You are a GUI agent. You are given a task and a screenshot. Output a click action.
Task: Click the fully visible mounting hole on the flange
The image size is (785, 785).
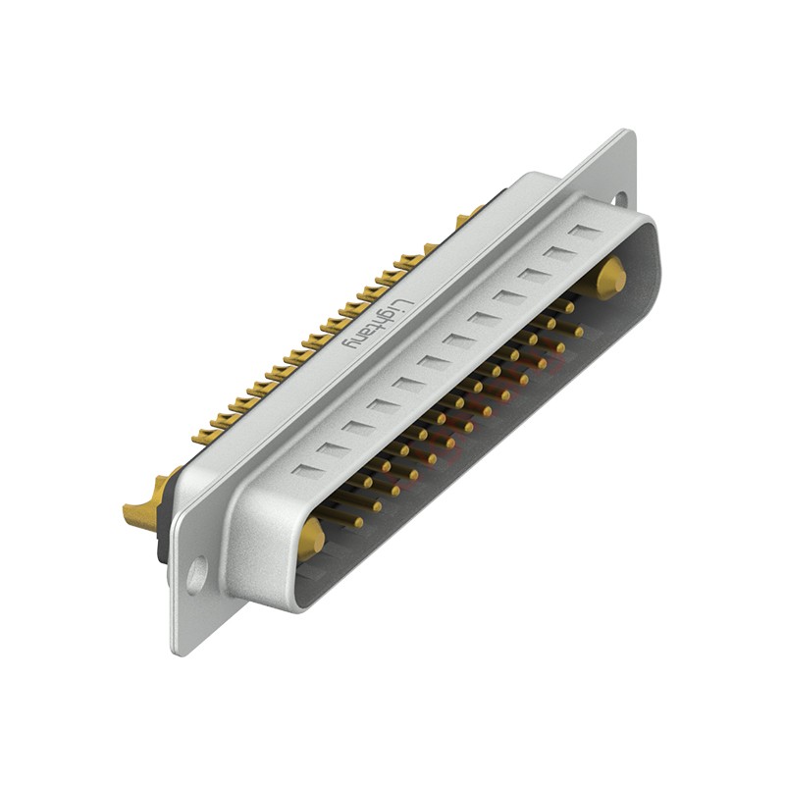197,573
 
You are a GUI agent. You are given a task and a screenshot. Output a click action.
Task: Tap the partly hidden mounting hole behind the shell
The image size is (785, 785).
619,199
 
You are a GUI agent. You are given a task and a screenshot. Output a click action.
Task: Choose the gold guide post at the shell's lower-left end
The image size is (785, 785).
312,536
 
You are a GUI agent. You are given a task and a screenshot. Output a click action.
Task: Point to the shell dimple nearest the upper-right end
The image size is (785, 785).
586,234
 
